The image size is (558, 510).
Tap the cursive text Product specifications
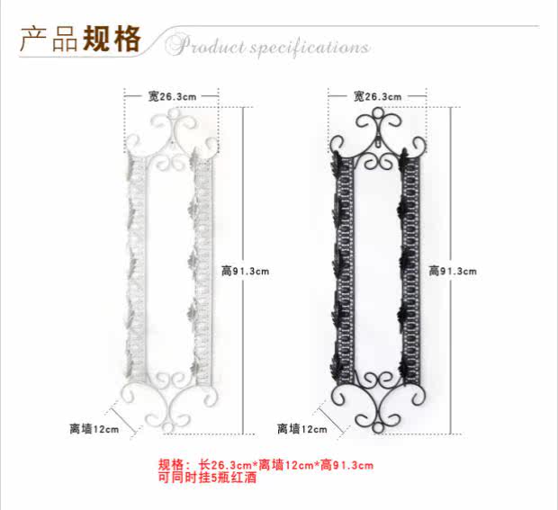point(267,46)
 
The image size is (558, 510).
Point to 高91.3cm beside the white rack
point(245,270)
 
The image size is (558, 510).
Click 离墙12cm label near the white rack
point(94,429)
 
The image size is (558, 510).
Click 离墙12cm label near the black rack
point(301,429)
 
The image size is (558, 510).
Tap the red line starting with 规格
point(265,465)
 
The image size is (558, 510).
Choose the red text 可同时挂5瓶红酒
point(207,478)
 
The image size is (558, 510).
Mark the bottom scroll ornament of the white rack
point(172,409)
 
